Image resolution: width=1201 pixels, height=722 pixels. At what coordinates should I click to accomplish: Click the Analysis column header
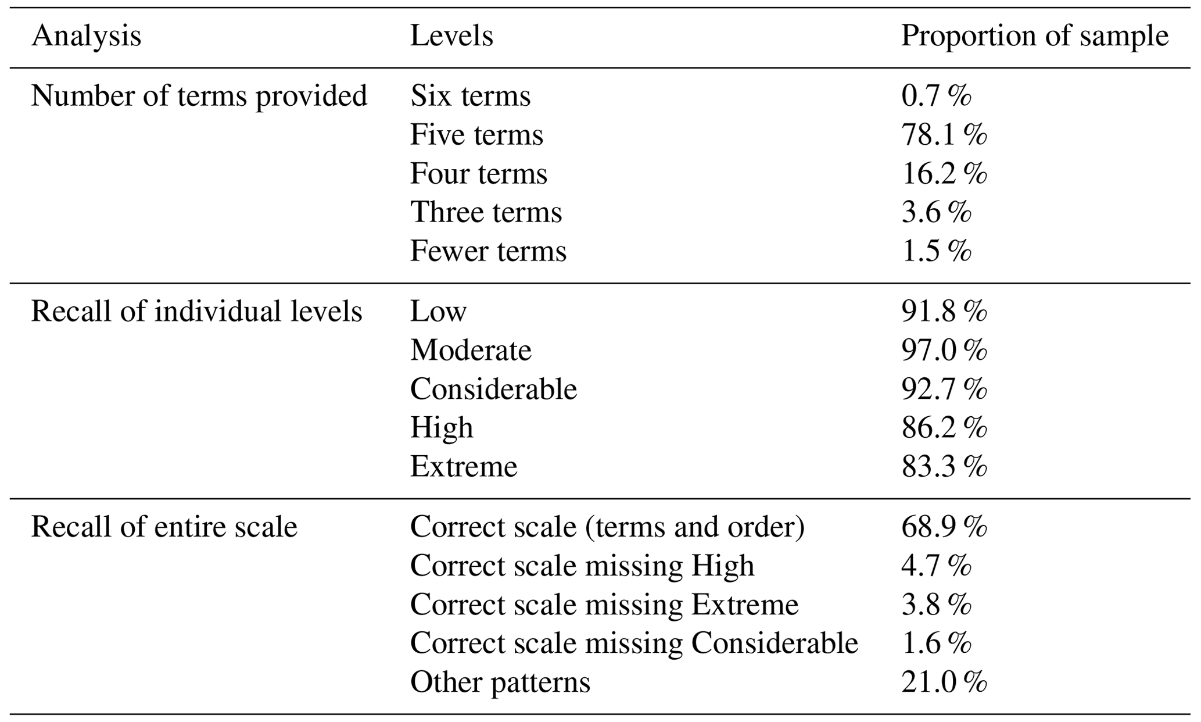tap(86, 37)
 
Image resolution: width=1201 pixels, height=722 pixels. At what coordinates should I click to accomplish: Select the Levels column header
tap(451, 37)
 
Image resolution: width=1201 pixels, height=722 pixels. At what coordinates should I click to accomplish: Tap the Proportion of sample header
tap(1034, 37)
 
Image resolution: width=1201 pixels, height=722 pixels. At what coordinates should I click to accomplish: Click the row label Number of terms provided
tap(199, 96)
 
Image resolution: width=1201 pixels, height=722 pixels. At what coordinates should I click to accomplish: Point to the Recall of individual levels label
tap(196, 312)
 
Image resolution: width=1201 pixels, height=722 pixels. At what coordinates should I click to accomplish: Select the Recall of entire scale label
tap(164, 527)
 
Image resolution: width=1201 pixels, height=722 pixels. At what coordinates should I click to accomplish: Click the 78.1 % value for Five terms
tap(944, 135)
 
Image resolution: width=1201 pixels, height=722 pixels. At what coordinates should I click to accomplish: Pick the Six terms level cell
tap(470, 96)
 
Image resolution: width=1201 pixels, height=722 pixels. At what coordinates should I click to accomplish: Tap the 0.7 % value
tap(935, 96)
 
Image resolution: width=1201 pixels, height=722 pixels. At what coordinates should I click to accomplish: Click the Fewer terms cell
tap(488, 251)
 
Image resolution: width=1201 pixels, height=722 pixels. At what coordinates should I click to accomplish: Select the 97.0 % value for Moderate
tap(944, 351)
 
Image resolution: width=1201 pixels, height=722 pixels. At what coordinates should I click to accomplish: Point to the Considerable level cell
tap(493, 389)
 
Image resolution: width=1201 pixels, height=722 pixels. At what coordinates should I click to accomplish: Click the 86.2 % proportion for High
tap(944, 428)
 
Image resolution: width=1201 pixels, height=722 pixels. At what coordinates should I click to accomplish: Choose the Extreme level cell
tap(463, 467)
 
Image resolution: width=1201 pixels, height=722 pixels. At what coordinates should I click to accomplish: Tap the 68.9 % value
tap(944, 527)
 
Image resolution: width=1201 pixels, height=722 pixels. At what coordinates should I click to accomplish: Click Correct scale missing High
tap(582, 566)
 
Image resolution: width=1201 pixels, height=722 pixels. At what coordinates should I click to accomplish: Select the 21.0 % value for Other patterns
tap(944, 682)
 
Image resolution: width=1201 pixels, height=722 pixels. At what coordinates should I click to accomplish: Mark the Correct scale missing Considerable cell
tap(634, 644)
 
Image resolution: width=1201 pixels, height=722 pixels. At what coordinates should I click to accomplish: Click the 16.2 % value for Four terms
tap(944, 174)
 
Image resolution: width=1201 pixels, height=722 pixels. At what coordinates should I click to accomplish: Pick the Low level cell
tap(438, 312)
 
